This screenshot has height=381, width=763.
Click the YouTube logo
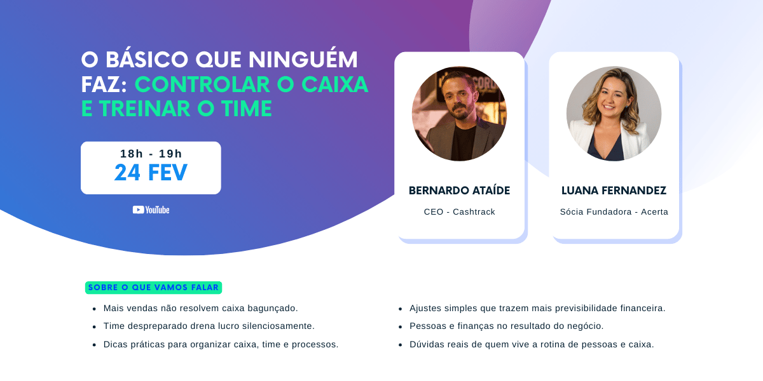[x=151, y=210]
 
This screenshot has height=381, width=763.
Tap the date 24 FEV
[x=151, y=172]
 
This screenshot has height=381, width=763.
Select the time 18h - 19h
[x=151, y=154]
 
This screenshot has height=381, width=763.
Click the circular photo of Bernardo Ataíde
[x=459, y=114]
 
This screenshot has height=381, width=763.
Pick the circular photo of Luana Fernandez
[x=614, y=114]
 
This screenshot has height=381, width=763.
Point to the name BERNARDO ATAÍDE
[x=459, y=190]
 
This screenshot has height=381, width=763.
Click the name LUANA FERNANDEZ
[x=614, y=190]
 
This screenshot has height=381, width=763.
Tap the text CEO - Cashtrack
[x=459, y=211]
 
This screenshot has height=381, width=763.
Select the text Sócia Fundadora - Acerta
[x=614, y=211]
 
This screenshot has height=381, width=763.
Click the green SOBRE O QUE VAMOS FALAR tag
[x=153, y=288]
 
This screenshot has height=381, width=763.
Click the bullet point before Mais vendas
[x=94, y=309]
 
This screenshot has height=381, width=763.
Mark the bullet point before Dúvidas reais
[x=401, y=345]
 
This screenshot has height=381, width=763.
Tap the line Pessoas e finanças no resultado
[x=506, y=326]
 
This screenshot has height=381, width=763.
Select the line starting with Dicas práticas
[x=221, y=344]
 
